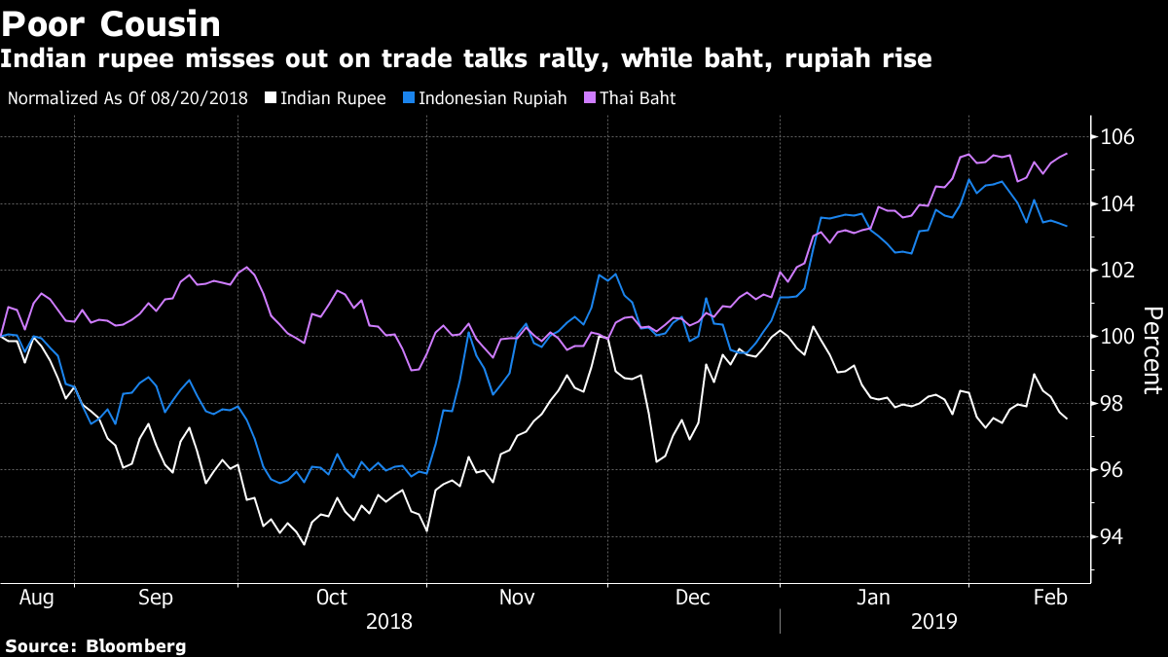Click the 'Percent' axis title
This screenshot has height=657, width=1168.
pyautogui.click(x=1152, y=350)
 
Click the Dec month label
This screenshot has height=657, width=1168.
pyautogui.click(x=693, y=596)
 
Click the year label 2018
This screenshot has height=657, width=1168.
pyautogui.click(x=389, y=620)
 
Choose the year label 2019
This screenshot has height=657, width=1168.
pyautogui.click(x=934, y=620)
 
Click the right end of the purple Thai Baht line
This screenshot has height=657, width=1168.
pyautogui.click(x=1068, y=154)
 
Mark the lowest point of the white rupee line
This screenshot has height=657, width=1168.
pyautogui.click(x=305, y=544)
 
